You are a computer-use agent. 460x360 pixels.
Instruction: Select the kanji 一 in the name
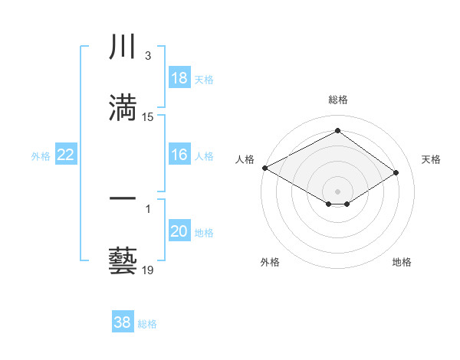123,198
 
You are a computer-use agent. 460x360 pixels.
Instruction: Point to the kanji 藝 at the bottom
123,259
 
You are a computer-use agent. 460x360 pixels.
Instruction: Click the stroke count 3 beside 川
147,56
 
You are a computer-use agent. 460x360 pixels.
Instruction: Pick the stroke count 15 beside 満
148,117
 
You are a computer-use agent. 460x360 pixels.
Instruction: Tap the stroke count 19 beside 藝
148,270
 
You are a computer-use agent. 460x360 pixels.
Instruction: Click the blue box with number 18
179,78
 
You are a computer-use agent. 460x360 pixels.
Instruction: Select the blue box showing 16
179,155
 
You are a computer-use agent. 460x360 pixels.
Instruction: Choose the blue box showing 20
179,231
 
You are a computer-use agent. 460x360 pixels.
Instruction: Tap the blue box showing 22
65,155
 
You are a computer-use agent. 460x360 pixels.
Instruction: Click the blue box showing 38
123,322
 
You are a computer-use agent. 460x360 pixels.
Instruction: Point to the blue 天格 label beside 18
204,79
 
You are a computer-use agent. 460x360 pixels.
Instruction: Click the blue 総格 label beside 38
147,323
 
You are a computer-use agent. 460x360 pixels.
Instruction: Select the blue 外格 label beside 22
41,155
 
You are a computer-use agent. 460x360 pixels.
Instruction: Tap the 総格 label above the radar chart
337,100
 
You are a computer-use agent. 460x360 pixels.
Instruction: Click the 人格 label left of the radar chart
245,159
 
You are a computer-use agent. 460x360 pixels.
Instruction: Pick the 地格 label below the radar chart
402,263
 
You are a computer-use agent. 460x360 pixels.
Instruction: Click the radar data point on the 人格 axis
264,168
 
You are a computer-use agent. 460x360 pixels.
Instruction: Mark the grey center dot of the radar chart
337,191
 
